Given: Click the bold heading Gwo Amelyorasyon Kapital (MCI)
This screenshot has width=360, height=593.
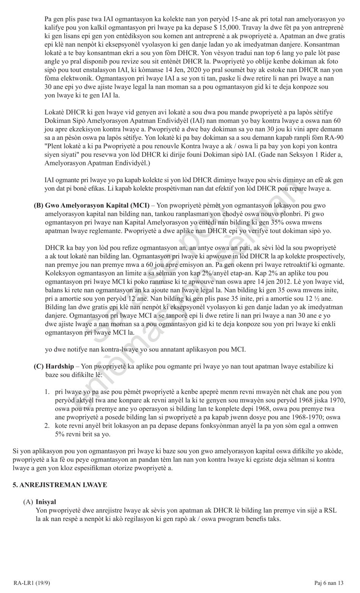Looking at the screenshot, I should click(x=97, y=206).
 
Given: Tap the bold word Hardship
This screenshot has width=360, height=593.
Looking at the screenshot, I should click(x=59, y=366).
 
